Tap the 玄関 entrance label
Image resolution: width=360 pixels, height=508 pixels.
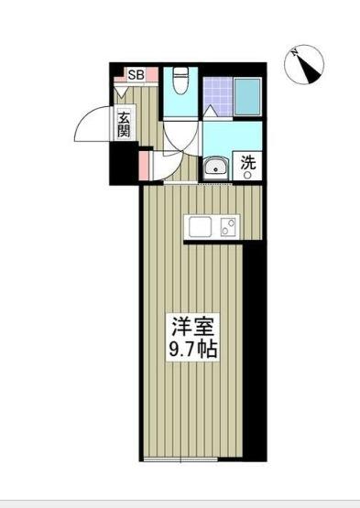tap(125, 124)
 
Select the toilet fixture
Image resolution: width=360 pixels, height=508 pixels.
tap(180, 81)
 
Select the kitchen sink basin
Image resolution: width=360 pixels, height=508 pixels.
tap(199, 226)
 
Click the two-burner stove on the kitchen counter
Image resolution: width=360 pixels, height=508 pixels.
tap(228, 226)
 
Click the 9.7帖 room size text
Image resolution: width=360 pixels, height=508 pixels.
tap(193, 349)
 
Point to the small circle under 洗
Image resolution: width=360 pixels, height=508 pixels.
tap(247, 176)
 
